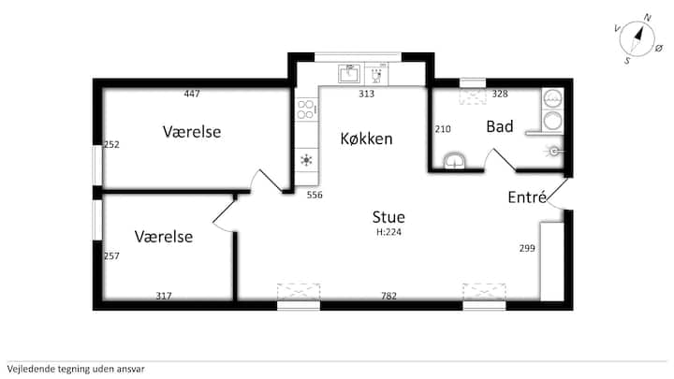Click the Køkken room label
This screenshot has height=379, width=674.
pos(366,138)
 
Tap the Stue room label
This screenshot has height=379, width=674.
pos(388,217)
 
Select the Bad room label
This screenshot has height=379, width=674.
pos(500,126)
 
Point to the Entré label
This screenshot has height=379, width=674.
pos(527,197)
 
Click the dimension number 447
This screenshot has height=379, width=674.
pos(192,94)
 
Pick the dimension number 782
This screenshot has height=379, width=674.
pos(389,296)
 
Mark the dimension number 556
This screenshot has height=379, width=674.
pos(315,195)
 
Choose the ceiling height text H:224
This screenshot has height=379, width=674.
pos(389,232)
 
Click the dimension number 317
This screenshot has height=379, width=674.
pos(163,296)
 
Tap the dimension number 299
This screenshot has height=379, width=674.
pos(527,248)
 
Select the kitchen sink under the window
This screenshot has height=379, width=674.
pos(349,74)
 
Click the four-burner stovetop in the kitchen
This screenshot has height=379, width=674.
pos(306,109)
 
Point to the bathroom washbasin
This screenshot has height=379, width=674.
pos(454,161)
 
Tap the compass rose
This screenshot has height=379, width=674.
pos(637,38)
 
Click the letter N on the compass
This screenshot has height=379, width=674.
pos(648,18)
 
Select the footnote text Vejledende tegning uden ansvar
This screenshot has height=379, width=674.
pos(76,369)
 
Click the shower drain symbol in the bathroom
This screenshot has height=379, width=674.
pos(554,151)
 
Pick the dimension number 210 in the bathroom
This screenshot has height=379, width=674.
pos(443,129)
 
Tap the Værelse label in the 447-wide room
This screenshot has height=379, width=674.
pos(192,132)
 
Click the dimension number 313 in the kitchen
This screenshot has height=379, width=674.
pos(367,94)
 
